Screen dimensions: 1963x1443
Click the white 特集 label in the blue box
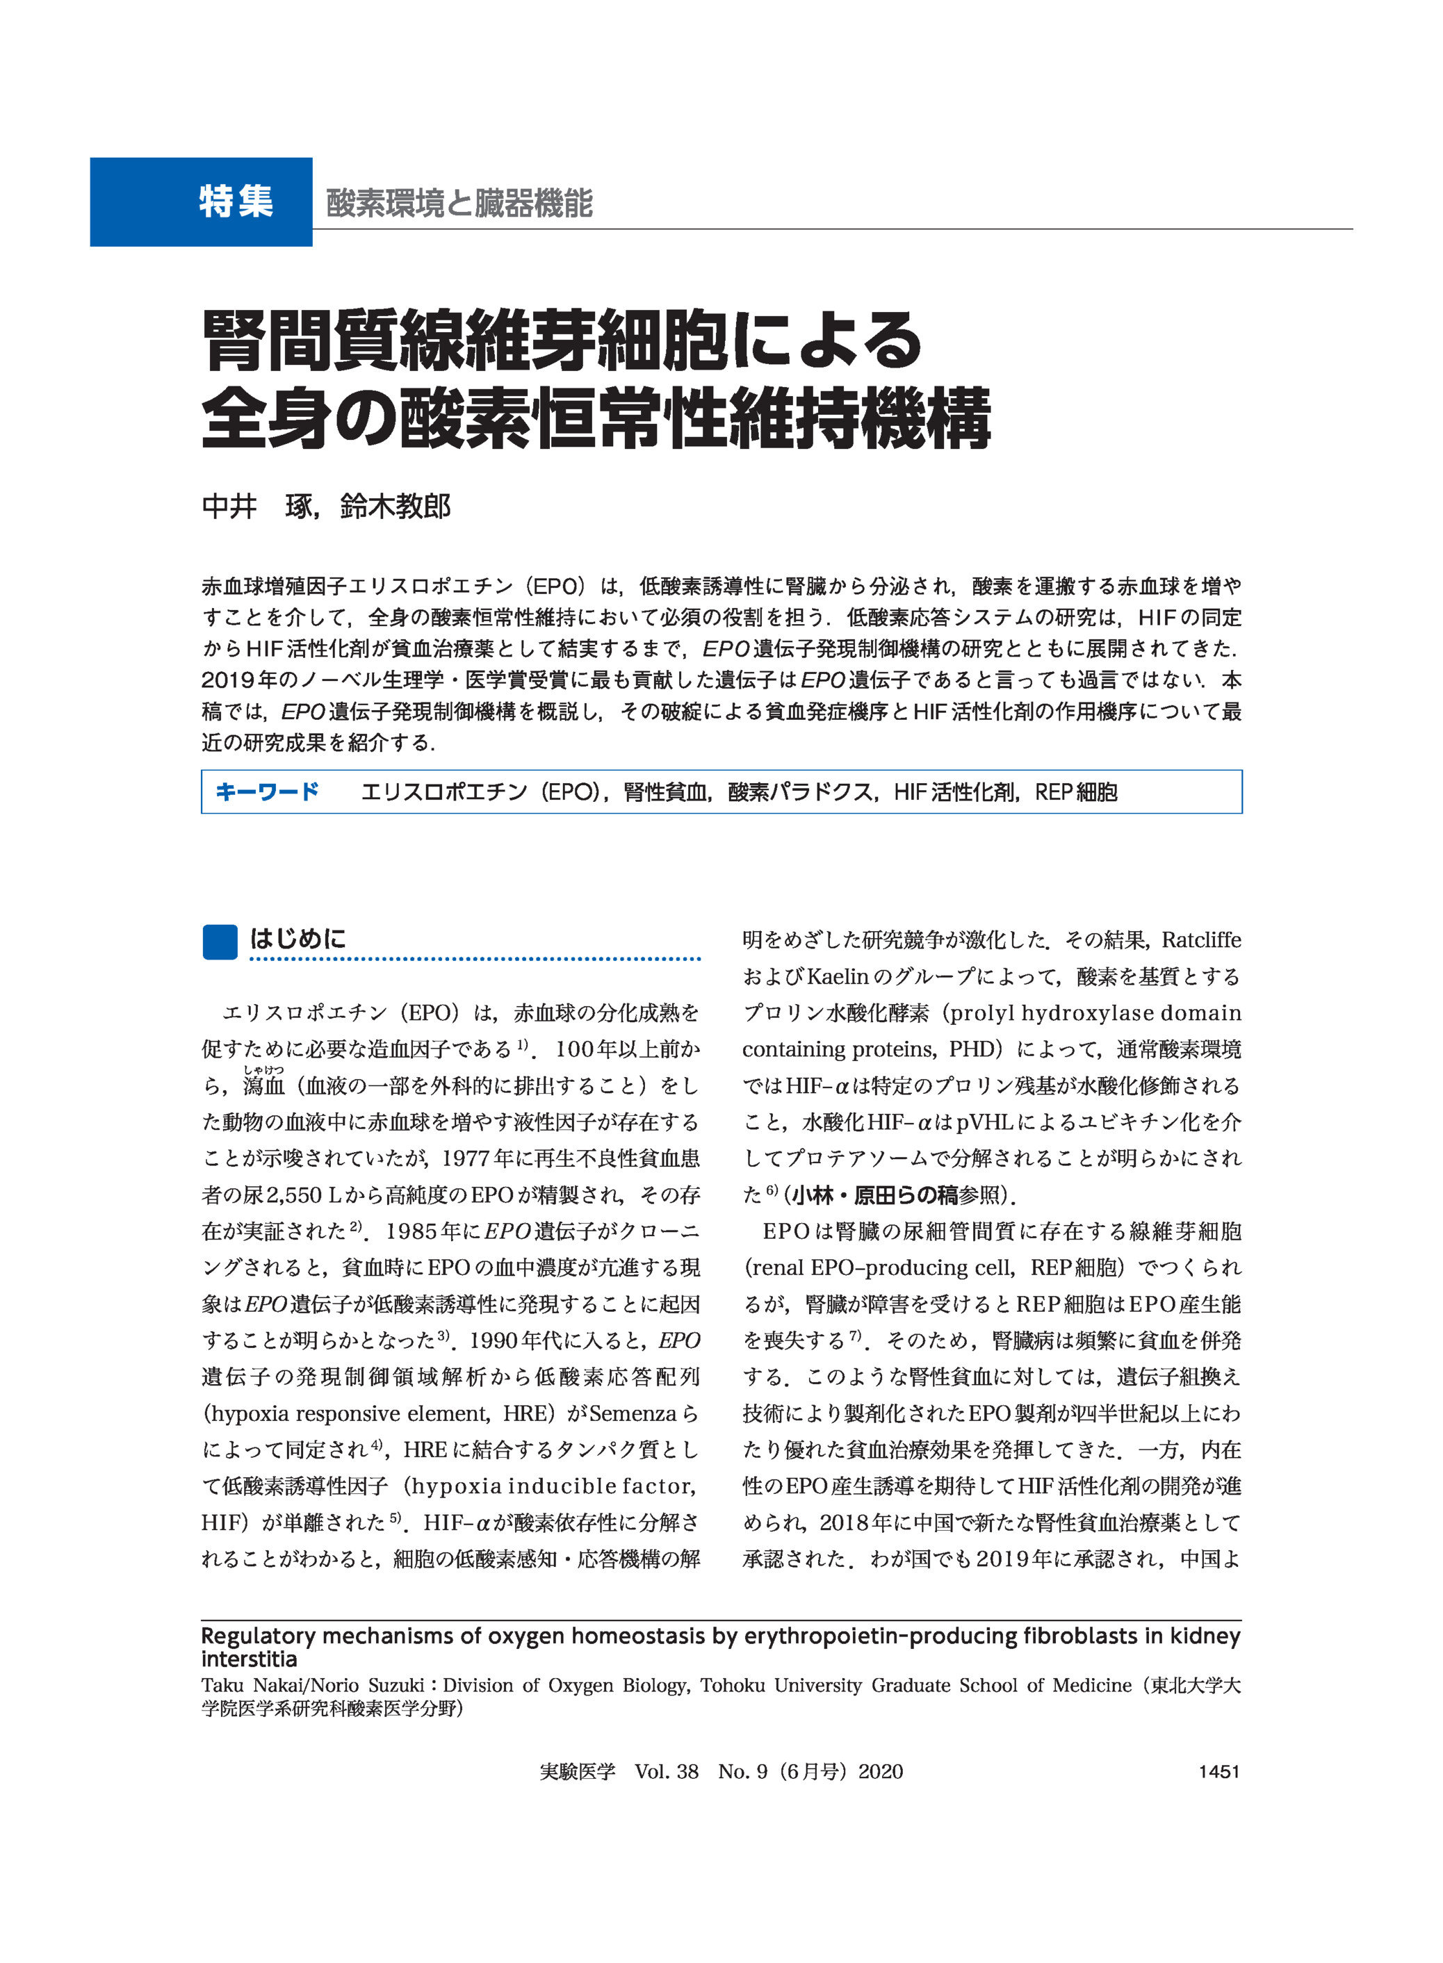pos(235,202)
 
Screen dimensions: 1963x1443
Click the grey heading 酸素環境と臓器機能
pos(459,204)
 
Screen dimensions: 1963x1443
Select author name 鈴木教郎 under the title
pos(396,507)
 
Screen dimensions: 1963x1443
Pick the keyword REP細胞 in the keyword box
pos(1075,793)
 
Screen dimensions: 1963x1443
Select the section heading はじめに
pos(298,939)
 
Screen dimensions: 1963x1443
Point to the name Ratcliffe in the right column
pos(1201,940)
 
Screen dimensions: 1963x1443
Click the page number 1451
pos(1218,1772)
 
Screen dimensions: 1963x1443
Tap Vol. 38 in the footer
pos(667,1772)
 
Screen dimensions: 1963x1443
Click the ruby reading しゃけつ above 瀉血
pos(264,1069)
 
